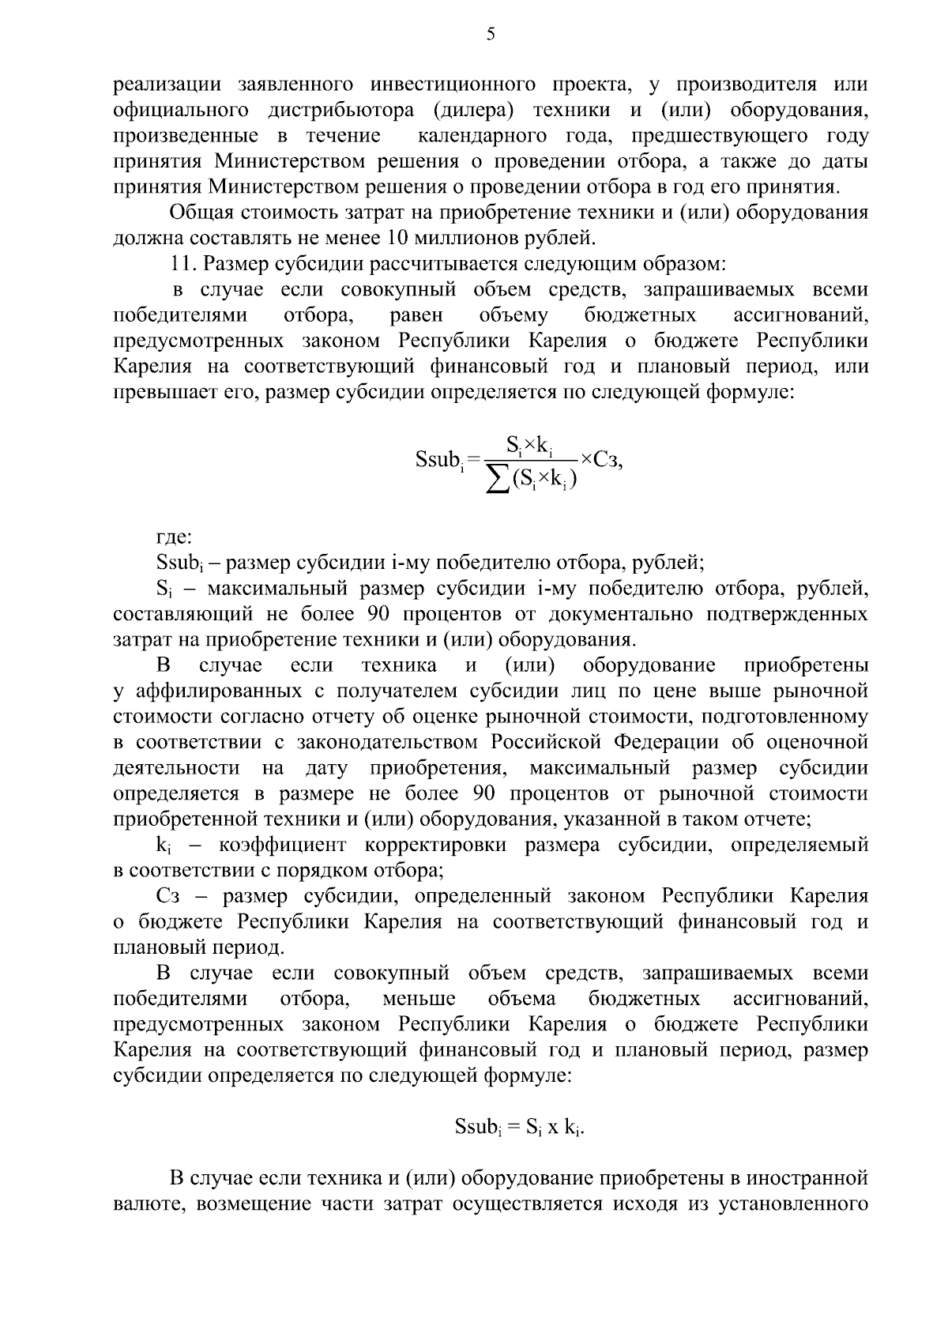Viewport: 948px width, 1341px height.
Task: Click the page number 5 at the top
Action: click(490, 34)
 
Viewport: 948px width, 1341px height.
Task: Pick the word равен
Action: click(416, 315)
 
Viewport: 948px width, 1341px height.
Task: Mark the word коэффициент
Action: click(283, 846)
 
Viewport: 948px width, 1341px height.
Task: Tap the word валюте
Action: click(148, 1205)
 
